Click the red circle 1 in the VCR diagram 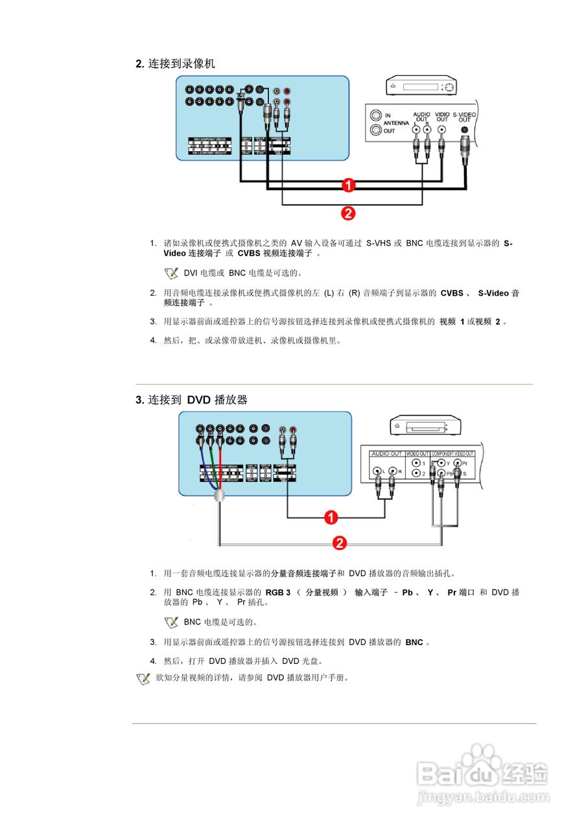pyautogui.click(x=348, y=185)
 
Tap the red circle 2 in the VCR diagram pyautogui.click(x=348, y=212)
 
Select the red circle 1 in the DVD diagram pyautogui.click(x=331, y=517)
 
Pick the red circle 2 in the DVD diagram pyautogui.click(x=338, y=543)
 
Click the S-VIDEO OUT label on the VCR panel pyautogui.click(x=464, y=117)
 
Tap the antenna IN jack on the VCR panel pyautogui.click(x=376, y=115)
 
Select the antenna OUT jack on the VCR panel pyautogui.click(x=376, y=130)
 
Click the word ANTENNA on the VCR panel pyautogui.click(x=396, y=123)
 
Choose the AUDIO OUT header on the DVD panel pyautogui.click(x=386, y=453)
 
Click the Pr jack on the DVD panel pyautogui.click(x=458, y=464)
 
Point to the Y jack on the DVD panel pyautogui.click(x=441, y=464)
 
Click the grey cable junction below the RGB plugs pyautogui.click(x=220, y=495)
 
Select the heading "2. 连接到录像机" pyautogui.click(x=175, y=64)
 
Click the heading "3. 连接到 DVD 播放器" pyautogui.click(x=191, y=400)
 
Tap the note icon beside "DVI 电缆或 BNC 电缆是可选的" pyautogui.click(x=171, y=273)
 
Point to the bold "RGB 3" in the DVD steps pyautogui.click(x=278, y=592)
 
